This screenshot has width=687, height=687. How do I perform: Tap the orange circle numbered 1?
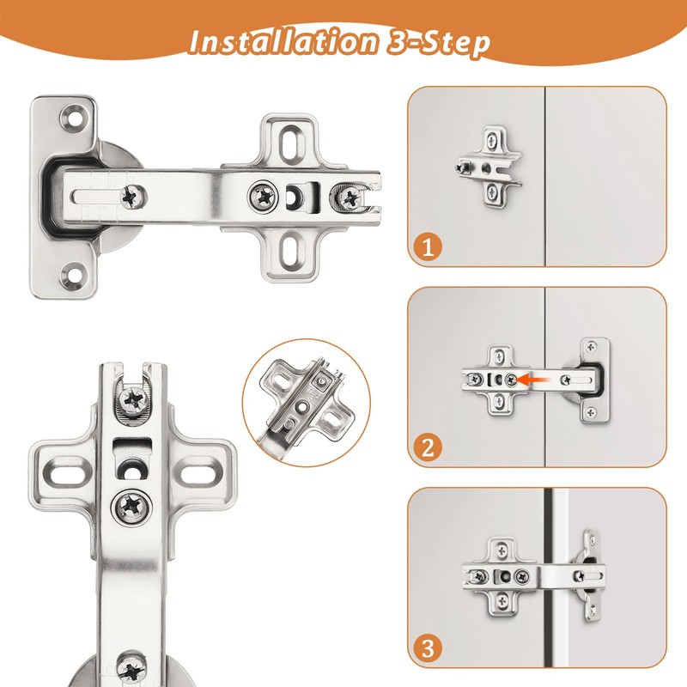click(x=428, y=247)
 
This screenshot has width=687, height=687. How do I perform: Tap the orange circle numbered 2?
click(x=428, y=447)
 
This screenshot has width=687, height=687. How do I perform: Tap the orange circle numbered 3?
click(x=428, y=648)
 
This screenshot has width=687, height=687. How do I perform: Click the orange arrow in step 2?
click(x=535, y=377)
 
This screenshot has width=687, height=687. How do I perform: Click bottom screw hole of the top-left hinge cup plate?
click(x=72, y=276)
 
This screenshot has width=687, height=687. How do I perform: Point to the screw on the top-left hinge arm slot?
click(x=133, y=196)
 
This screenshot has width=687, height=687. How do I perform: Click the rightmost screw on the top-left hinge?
click(x=350, y=197)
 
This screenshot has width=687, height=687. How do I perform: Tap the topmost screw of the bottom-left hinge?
click(x=133, y=398)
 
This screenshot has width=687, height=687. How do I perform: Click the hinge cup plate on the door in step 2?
click(x=592, y=379)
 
